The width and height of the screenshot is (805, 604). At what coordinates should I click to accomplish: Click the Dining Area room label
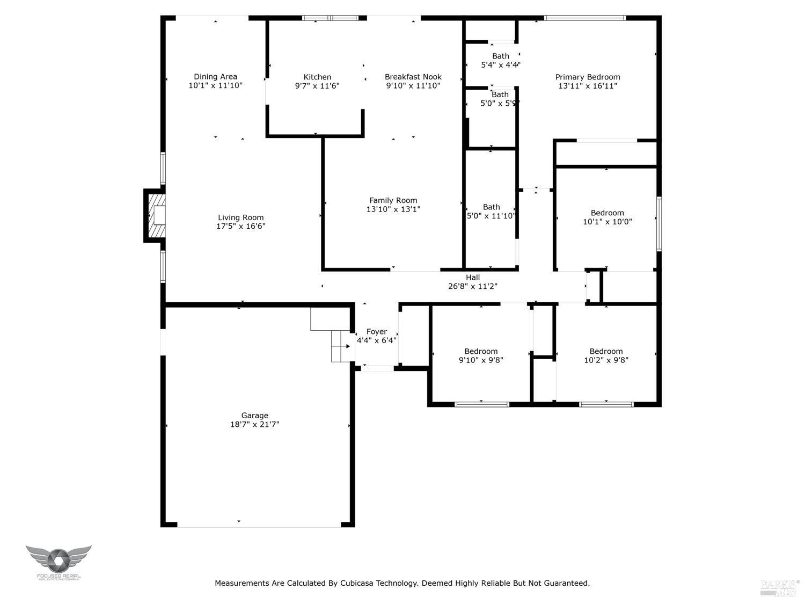pyautogui.click(x=215, y=77)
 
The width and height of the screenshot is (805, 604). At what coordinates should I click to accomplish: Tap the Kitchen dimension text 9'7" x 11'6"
pyautogui.click(x=317, y=86)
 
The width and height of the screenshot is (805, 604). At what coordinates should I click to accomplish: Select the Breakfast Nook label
pyautogui.click(x=413, y=77)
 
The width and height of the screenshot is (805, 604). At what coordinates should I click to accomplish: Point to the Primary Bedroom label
pyautogui.click(x=587, y=77)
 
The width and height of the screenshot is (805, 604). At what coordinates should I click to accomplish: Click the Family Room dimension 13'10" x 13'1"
pyautogui.click(x=393, y=209)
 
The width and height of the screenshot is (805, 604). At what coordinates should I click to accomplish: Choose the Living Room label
pyautogui.click(x=240, y=217)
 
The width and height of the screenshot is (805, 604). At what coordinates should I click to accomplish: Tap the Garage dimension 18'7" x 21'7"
pyautogui.click(x=254, y=424)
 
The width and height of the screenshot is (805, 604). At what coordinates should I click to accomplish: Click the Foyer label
pyautogui.click(x=376, y=332)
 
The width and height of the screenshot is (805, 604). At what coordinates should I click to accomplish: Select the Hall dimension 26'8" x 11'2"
pyautogui.click(x=472, y=286)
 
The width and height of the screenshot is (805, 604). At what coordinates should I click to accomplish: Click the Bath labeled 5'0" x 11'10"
pyautogui.click(x=491, y=211)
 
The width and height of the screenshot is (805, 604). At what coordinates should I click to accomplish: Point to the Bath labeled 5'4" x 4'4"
pyautogui.click(x=500, y=60)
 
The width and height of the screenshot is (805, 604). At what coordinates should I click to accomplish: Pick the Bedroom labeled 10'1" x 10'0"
pyautogui.click(x=607, y=217)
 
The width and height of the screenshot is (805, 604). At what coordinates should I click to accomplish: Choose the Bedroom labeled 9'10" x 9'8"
pyautogui.click(x=481, y=355)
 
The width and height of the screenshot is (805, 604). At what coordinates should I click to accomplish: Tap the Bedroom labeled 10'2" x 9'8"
pyautogui.click(x=606, y=355)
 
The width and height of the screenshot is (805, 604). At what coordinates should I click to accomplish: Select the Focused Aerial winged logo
pyautogui.click(x=58, y=560)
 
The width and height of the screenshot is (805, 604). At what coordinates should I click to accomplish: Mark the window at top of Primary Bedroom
pyautogui.click(x=584, y=18)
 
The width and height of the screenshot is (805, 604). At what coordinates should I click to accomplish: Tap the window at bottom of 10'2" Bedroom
pyautogui.click(x=606, y=404)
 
